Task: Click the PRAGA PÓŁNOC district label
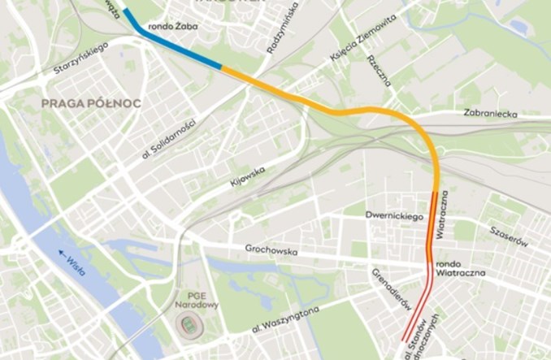[x=90, y=103]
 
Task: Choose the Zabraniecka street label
[x=489, y=115]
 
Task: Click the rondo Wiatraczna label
[x=460, y=269]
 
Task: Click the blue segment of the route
[x=180, y=46]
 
